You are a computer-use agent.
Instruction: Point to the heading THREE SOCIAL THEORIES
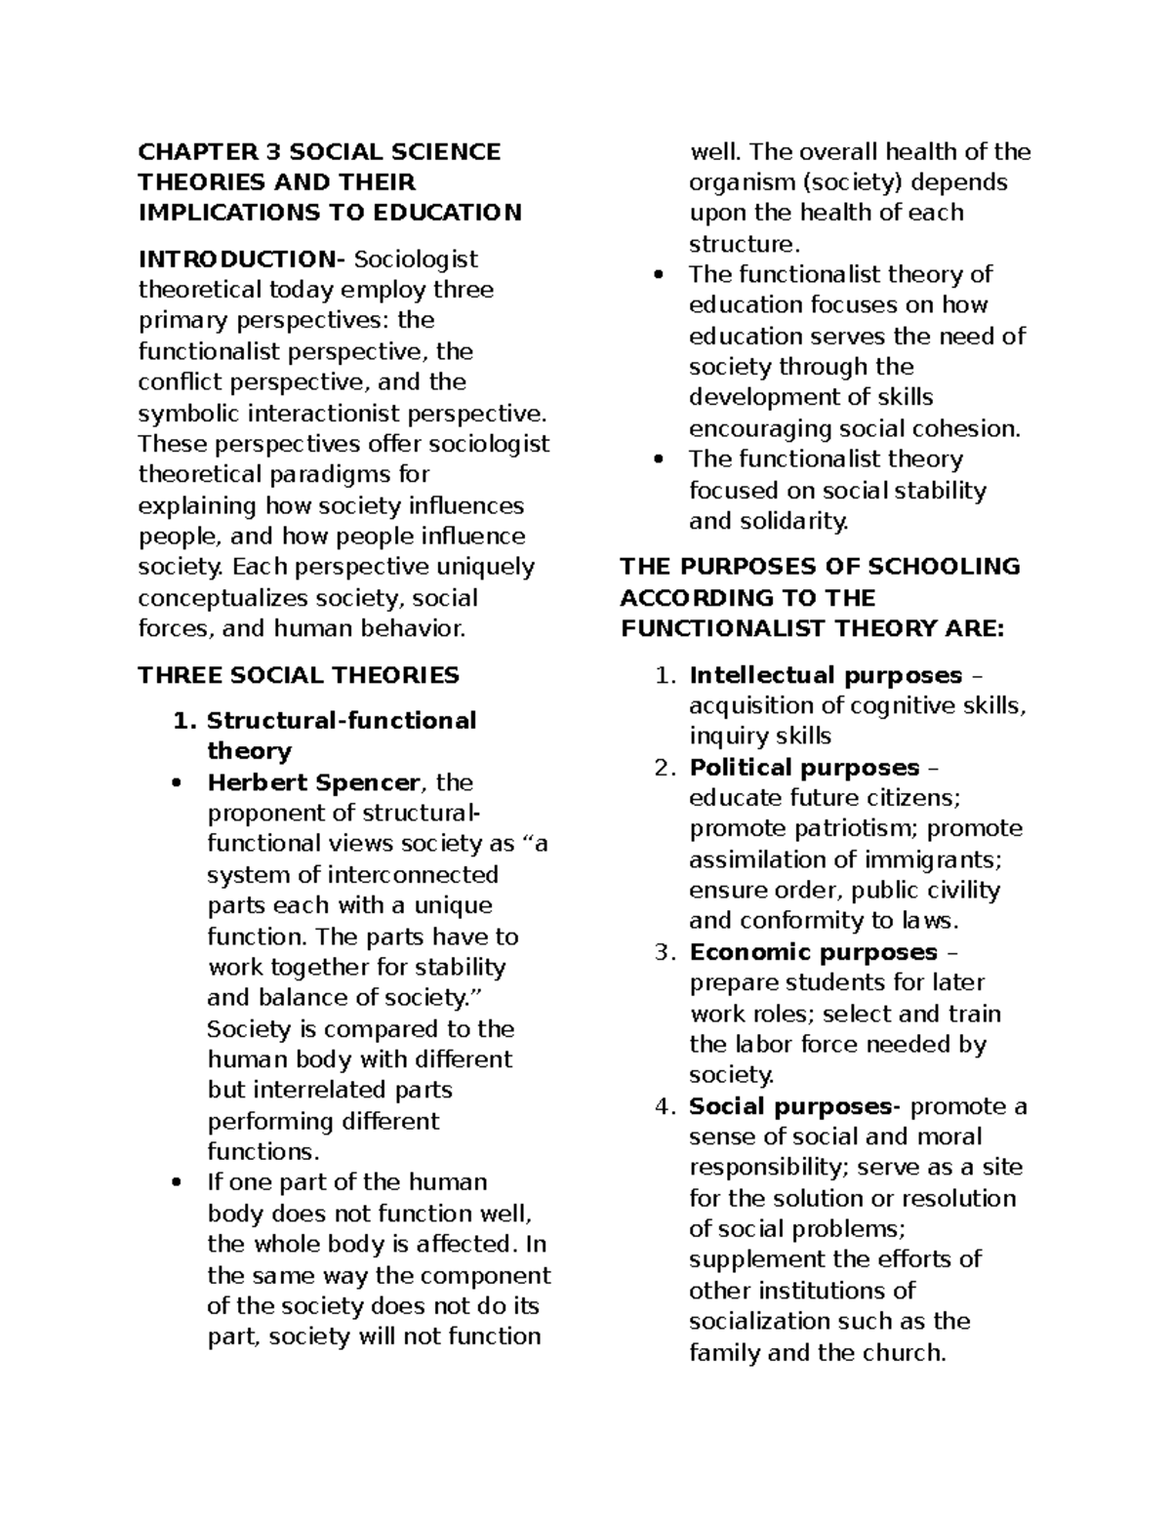(298, 675)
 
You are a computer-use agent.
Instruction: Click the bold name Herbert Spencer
(313, 782)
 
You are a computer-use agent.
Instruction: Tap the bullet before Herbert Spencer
(177, 783)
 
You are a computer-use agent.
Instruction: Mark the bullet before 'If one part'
(177, 1183)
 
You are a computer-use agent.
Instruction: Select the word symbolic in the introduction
(187, 414)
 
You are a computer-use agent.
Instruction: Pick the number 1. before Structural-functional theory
(183, 721)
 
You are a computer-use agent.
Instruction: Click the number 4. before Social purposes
(665, 1106)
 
